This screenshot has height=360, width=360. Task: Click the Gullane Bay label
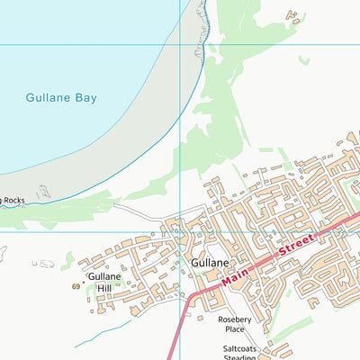point(60,97)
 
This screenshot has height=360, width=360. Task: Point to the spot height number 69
point(76,287)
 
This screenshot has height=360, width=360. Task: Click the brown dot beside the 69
point(84,282)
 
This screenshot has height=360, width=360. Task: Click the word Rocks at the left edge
point(13,201)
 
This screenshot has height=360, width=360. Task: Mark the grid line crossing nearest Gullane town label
point(183,231)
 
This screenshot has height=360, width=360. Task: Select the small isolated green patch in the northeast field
point(304,60)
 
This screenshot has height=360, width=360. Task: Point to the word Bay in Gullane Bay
point(83,97)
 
